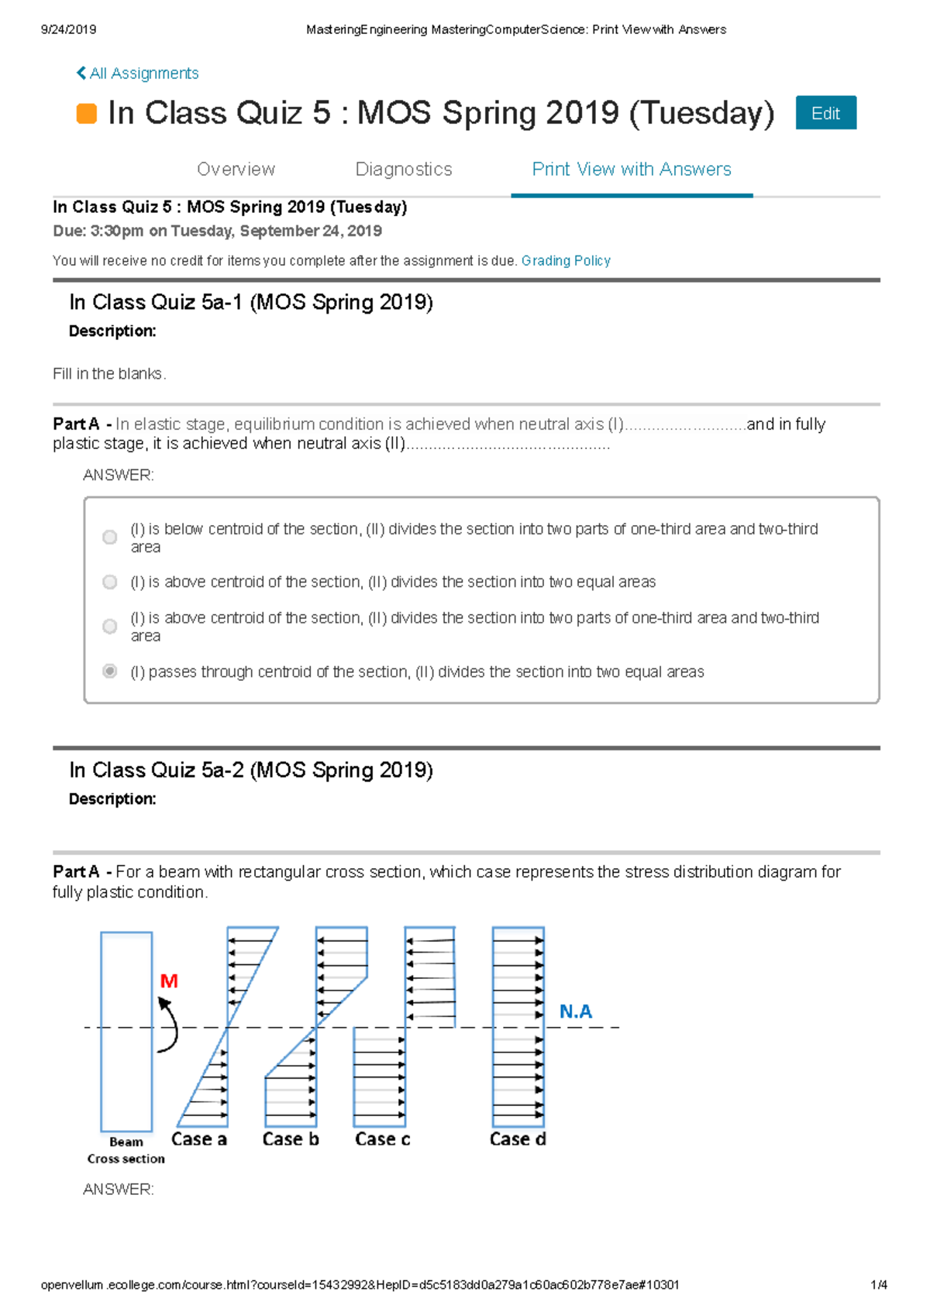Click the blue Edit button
pos(825,113)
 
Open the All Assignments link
pos(138,74)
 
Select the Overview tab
pos(236,169)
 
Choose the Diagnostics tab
pos(403,169)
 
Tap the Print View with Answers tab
pos(631,169)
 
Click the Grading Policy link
pos(566,261)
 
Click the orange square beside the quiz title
pos(87,114)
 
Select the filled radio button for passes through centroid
pos(110,671)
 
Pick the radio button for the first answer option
pos(110,537)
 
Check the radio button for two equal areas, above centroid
pos(110,582)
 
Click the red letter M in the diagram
pos(169,981)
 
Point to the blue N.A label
pos(575,1011)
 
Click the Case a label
pos(199,1139)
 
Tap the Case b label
pos(291,1139)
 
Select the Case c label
pos(382,1139)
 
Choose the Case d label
pos(518,1139)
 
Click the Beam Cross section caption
pos(126,1150)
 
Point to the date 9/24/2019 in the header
pos(68,29)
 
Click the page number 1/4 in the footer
pos(879,1285)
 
